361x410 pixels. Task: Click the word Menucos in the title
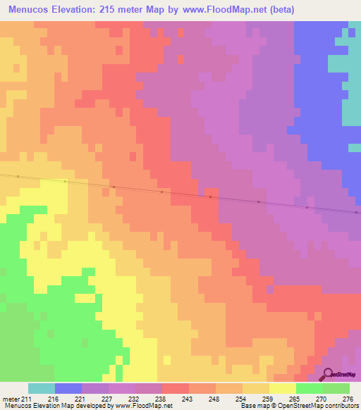pos(29,10)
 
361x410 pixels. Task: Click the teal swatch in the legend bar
pos(42,388)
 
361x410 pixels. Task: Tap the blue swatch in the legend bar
pos(68,388)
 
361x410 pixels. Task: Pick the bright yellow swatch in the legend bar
pos(282,388)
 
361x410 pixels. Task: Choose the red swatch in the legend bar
pos(175,388)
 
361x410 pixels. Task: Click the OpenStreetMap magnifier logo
pos(329,374)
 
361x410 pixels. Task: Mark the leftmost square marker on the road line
pos(17,177)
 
